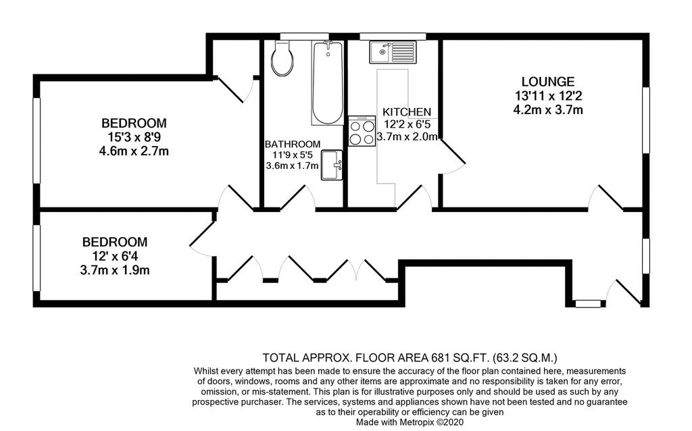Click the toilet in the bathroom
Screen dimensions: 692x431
(282, 58)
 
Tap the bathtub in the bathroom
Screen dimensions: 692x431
(327, 83)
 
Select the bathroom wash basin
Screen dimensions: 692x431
(332, 166)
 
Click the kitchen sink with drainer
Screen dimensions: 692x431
(391, 53)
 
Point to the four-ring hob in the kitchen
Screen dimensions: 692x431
(362, 131)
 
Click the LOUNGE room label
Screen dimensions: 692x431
(548, 82)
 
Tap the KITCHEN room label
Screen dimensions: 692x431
(406, 112)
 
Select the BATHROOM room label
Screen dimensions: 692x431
(293, 145)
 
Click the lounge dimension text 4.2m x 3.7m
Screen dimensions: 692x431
(548, 110)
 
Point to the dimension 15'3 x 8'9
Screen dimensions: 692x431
(134, 137)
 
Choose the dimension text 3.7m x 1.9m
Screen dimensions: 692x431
(115, 270)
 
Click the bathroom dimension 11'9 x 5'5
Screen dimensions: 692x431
(293, 155)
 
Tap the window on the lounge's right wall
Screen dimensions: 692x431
(646, 120)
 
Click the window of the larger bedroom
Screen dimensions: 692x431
(37, 140)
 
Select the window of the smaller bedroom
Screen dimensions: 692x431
(37, 258)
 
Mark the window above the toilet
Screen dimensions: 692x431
(305, 36)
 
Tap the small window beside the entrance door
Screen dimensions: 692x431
(589, 303)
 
